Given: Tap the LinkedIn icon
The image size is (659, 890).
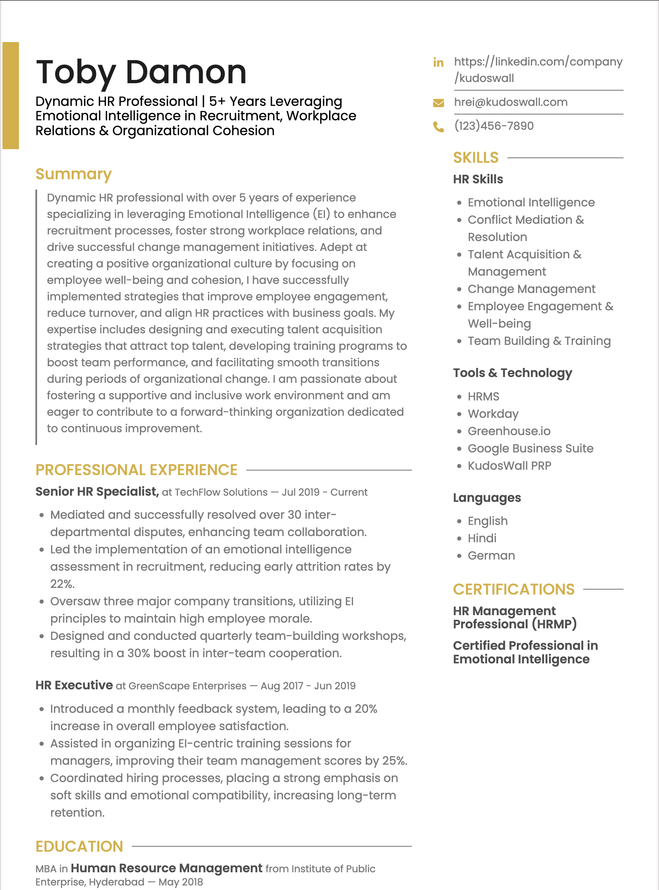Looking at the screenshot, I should (438, 63).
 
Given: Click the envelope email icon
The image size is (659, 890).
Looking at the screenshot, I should (438, 103).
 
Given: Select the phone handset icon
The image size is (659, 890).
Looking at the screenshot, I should (438, 126).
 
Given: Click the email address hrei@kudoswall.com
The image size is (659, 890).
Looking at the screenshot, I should (510, 102).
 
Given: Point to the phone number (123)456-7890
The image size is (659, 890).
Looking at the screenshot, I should (493, 126).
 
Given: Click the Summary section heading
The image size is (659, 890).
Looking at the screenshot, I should (73, 174).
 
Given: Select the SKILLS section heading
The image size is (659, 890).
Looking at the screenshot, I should (476, 158).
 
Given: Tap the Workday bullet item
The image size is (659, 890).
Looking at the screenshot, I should (493, 414).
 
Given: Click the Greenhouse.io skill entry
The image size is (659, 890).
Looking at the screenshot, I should (509, 431).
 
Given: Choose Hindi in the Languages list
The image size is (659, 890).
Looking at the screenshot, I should (482, 538).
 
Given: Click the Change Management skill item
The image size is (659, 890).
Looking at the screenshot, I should (531, 289).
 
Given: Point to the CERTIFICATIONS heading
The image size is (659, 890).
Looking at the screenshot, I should (514, 589).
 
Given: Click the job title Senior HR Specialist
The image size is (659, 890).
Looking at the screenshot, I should (97, 492).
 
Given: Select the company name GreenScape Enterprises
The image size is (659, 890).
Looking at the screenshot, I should (187, 686).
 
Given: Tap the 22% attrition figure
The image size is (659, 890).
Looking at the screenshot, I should (62, 584).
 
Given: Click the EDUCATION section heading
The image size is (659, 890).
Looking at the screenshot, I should (79, 846).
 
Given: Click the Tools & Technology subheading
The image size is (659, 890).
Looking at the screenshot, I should (512, 373).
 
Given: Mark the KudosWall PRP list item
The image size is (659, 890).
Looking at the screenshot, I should (509, 466).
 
